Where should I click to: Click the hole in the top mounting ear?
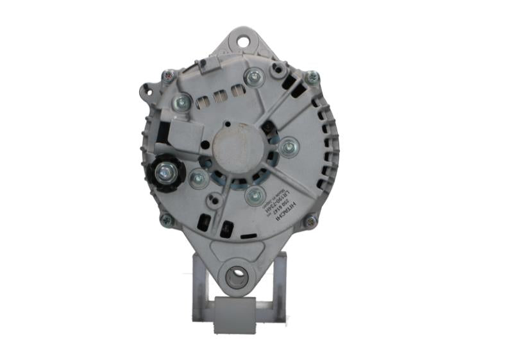[x=244, y=42]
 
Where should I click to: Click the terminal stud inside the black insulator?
[x=165, y=172]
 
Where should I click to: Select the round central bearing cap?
[x=237, y=148]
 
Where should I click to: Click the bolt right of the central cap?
[x=289, y=148]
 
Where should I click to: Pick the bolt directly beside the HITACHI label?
[x=255, y=195]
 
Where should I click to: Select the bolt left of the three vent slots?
[x=182, y=101]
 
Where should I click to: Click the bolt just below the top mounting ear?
[x=254, y=76]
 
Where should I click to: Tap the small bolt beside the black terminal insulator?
[x=198, y=179]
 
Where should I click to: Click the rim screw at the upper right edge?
[x=312, y=78]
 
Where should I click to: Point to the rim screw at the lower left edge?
[x=167, y=220]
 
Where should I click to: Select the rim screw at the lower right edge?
[x=310, y=222]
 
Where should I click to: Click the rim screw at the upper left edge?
[x=169, y=76]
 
